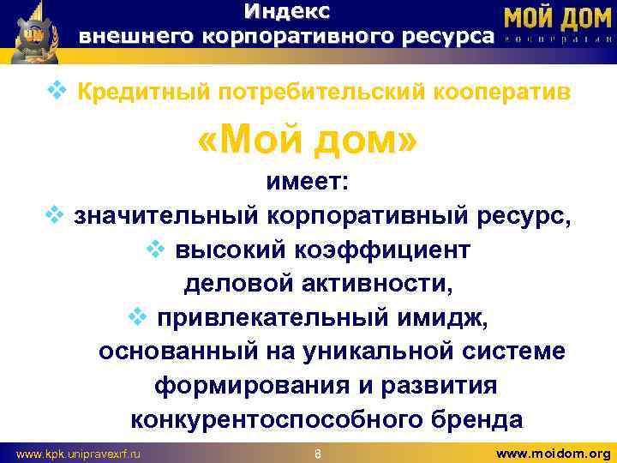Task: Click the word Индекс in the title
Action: tap(286, 12)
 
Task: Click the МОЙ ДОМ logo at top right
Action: tap(556, 19)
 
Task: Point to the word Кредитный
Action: tap(133, 92)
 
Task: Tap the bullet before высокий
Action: tap(156, 249)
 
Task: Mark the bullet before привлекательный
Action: tap(137, 316)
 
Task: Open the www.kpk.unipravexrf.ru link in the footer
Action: tap(79, 452)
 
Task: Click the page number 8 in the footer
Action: tap(317, 452)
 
